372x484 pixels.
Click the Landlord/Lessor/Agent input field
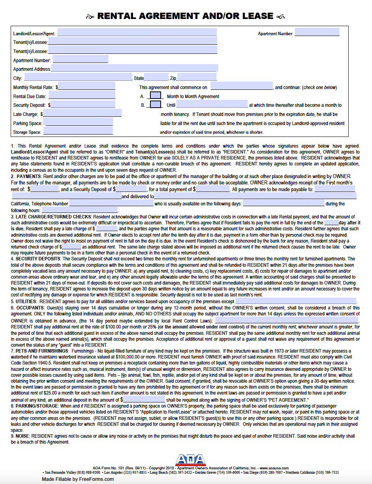tap(137, 32)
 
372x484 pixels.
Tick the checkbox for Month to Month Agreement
tap(156, 95)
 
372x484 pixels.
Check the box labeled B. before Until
tap(156, 104)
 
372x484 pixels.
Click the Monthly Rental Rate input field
tap(87, 86)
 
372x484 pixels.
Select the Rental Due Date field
tap(82, 95)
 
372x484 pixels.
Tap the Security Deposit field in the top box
tap(83, 104)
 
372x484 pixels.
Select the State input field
tap(156, 78)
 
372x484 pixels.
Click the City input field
tap(78, 78)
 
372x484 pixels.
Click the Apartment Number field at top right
tap(317, 32)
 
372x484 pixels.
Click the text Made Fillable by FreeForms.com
tap(78, 479)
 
